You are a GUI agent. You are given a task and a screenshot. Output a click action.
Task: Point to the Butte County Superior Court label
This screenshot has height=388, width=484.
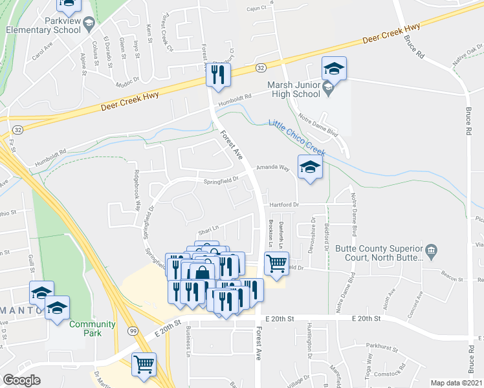click(x=380, y=252)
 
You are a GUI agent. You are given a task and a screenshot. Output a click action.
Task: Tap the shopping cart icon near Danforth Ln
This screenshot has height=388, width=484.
click(x=277, y=263)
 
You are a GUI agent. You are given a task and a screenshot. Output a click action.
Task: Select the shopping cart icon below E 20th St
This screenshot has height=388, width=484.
click(x=144, y=363)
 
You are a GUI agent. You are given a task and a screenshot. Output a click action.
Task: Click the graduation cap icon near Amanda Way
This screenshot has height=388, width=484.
click(x=311, y=167)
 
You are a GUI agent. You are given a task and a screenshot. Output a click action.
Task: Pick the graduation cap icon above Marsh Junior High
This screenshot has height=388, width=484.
click(x=334, y=68)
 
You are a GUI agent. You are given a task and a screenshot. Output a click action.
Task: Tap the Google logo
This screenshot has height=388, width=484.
click(x=22, y=380)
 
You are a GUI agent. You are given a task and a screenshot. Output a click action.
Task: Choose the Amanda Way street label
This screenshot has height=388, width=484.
click(x=272, y=167)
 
